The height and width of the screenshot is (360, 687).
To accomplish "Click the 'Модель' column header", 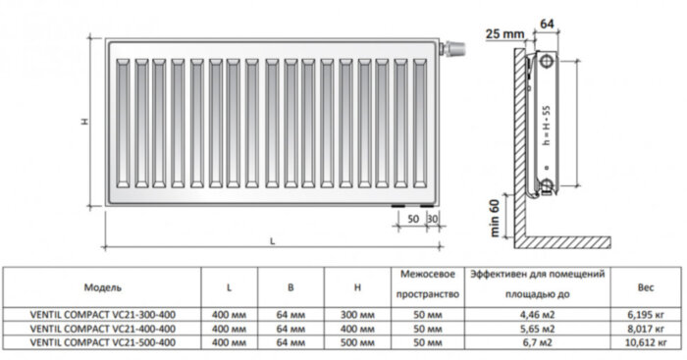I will (103, 287).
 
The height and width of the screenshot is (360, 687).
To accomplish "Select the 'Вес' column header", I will (645, 287).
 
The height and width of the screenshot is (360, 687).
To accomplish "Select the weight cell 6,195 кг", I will (645, 315).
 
